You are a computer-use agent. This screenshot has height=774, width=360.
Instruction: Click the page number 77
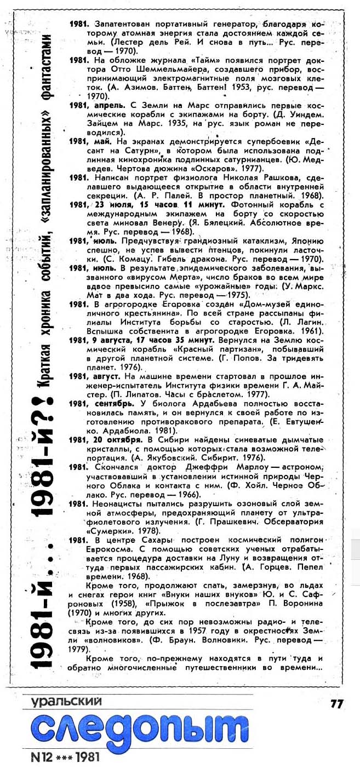(336, 703)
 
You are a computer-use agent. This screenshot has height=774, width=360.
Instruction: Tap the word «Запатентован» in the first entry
(122, 25)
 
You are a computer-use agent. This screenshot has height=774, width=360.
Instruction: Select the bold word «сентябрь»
(111, 403)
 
